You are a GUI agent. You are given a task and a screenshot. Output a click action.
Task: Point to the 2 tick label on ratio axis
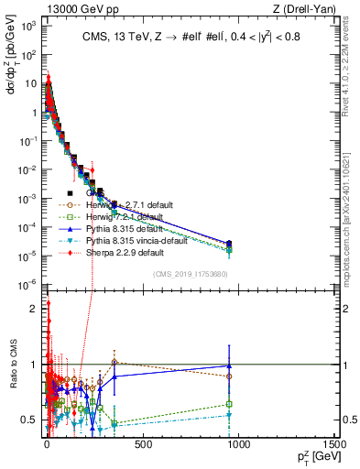tap(34, 309)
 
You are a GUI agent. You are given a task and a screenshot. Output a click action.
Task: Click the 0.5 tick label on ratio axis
tap(29, 420)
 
